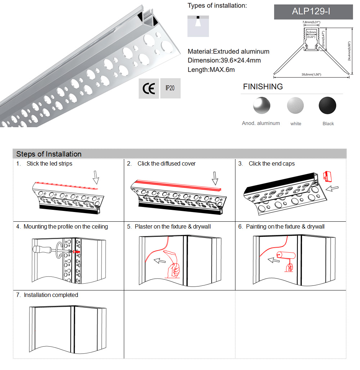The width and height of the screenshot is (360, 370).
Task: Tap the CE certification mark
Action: (149, 89)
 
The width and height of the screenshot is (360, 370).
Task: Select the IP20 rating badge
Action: (170, 88)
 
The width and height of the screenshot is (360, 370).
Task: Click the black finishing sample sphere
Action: (328, 105)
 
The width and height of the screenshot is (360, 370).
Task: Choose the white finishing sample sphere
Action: (296, 105)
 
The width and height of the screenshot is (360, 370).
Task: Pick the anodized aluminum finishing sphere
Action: (261, 105)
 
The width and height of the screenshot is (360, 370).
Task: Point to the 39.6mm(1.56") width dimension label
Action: (311, 75)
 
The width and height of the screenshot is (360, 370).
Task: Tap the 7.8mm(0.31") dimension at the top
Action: (311, 22)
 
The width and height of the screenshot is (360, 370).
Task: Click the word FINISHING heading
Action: (263, 87)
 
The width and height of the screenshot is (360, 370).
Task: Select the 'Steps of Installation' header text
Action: (49, 154)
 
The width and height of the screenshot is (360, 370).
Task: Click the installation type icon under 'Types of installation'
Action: (198, 26)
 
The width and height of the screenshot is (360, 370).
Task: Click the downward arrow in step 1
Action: (96, 177)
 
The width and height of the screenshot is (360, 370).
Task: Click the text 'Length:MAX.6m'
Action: (211, 69)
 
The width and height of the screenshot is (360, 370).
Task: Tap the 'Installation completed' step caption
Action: (51, 295)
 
